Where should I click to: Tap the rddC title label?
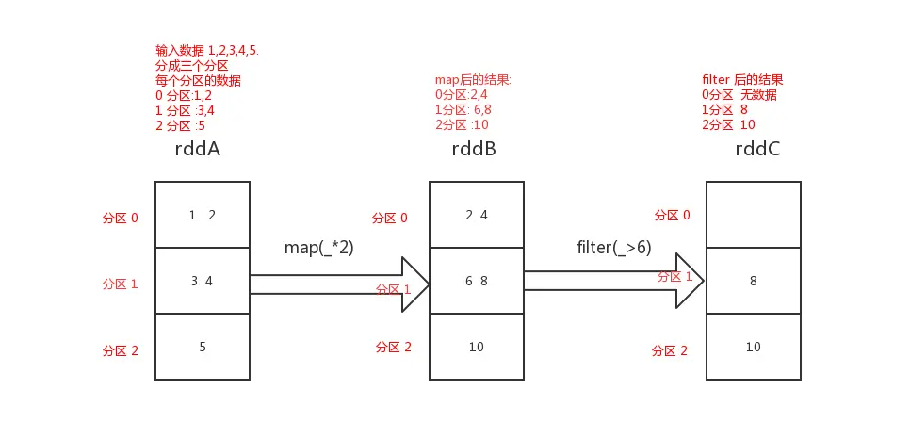coord(756,150)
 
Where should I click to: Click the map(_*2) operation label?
coord(319,248)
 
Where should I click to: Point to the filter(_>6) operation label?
coord(613,248)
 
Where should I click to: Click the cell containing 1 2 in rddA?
coord(203,215)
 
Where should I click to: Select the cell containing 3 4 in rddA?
coord(203,281)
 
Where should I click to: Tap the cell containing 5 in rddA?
coord(203,347)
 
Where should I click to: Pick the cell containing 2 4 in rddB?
coord(477,215)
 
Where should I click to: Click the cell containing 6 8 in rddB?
coord(477,281)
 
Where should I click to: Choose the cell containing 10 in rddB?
coord(477,347)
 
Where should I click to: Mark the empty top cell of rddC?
coord(754,215)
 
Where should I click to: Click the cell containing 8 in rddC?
coord(754,281)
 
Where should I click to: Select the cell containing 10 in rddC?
coord(754,347)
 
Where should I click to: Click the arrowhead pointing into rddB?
coord(414,284)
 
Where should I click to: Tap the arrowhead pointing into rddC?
coord(690,281)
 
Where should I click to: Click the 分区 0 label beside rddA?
coord(120,218)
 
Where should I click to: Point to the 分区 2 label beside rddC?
coord(669,350)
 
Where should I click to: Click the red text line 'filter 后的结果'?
coord(742,80)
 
